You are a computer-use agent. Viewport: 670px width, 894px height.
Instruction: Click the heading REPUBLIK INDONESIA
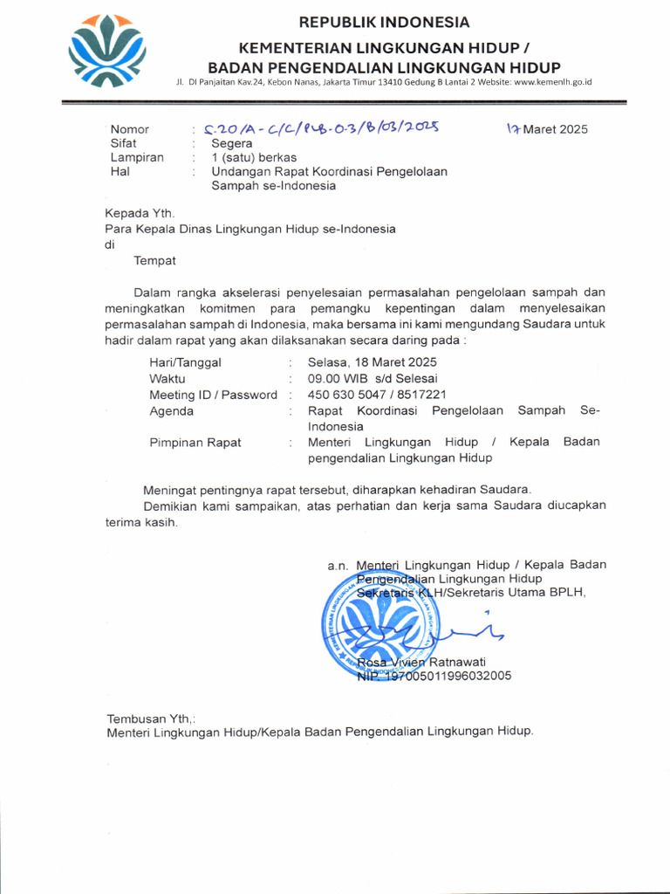click(x=384, y=23)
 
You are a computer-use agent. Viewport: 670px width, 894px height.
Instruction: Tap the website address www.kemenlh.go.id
click(x=553, y=82)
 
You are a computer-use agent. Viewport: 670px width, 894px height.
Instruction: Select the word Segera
click(x=232, y=143)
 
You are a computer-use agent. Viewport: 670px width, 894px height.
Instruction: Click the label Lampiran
click(x=137, y=157)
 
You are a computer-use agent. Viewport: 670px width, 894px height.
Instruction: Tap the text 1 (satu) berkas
click(x=254, y=157)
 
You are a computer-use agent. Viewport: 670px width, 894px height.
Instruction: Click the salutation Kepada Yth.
click(x=140, y=213)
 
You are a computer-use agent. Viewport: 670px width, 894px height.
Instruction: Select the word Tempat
click(x=154, y=260)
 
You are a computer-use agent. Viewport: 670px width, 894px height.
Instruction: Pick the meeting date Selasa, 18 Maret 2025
click(x=373, y=362)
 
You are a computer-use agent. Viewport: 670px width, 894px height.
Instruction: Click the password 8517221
click(x=424, y=395)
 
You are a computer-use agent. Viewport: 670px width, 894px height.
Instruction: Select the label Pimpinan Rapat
click(x=195, y=443)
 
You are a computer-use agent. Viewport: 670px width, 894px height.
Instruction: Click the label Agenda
click(x=172, y=410)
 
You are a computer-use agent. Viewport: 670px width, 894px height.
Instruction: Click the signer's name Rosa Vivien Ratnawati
click(x=421, y=662)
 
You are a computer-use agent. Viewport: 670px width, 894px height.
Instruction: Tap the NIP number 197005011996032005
click(x=446, y=676)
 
